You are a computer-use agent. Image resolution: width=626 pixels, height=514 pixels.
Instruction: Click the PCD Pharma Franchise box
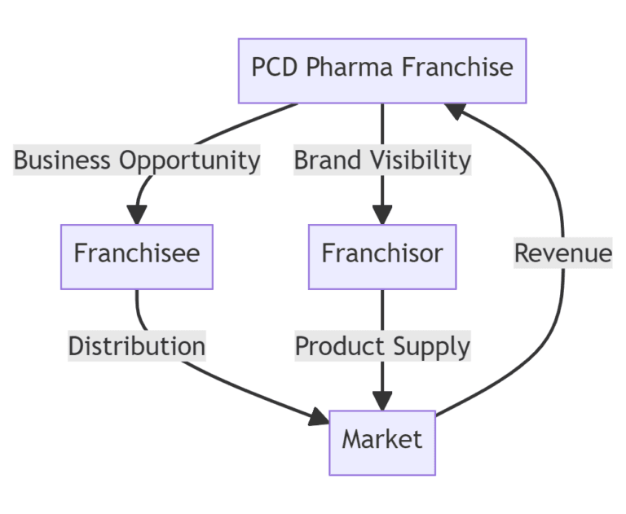click(x=382, y=70)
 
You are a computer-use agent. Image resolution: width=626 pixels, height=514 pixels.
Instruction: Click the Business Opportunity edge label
click(x=137, y=160)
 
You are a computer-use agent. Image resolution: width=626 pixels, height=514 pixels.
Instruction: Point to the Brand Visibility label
click(x=382, y=160)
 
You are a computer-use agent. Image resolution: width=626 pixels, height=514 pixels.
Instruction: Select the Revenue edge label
click(x=562, y=253)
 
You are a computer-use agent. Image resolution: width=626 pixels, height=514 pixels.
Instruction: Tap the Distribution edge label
click(x=136, y=346)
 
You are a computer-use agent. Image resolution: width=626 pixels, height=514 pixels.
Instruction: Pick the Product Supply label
click(x=382, y=346)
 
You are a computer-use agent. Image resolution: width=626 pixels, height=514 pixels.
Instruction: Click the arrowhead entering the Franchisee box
click(x=136, y=214)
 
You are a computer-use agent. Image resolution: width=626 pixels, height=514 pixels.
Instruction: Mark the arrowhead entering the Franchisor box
click(x=382, y=214)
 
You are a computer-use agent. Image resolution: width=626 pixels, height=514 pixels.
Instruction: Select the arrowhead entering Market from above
click(x=382, y=400)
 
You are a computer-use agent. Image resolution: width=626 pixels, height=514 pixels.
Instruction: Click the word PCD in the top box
click(x=275, y=68)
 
